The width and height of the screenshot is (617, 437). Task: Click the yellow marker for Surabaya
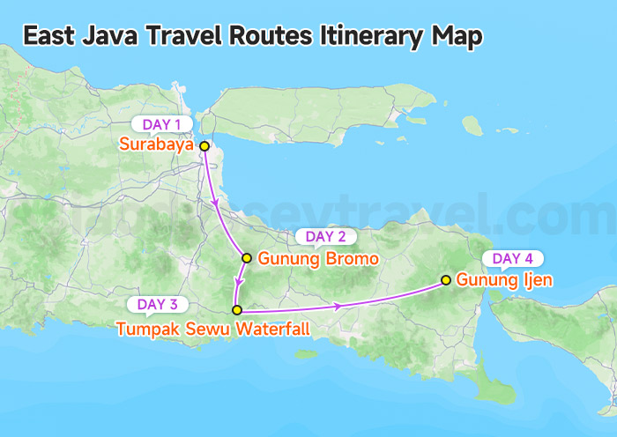(x=204, y=146)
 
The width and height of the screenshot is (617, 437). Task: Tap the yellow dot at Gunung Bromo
(x=248, y=259)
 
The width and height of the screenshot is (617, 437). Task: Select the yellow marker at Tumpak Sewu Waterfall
(x=236, y=310)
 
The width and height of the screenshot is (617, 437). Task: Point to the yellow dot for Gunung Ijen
(x=446, y=281)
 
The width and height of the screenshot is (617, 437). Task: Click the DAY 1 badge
(x=161, y=124)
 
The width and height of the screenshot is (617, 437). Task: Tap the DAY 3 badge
(x=158, y=305)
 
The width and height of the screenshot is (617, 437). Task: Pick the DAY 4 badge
(x=512, y=259)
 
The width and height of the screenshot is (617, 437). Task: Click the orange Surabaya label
(x=158, y=145)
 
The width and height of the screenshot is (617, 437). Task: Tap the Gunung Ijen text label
(x=505, y=281)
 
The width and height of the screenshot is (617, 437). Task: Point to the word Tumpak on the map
(x=143, y=330)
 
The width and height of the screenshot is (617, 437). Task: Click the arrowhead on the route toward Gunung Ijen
(x=338, y=306)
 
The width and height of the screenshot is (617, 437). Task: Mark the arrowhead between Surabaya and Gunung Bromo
(x=217, y=204)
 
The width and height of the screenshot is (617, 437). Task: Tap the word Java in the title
(x=94, y=36)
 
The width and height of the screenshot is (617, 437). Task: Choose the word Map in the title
(x=457, y=36)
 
